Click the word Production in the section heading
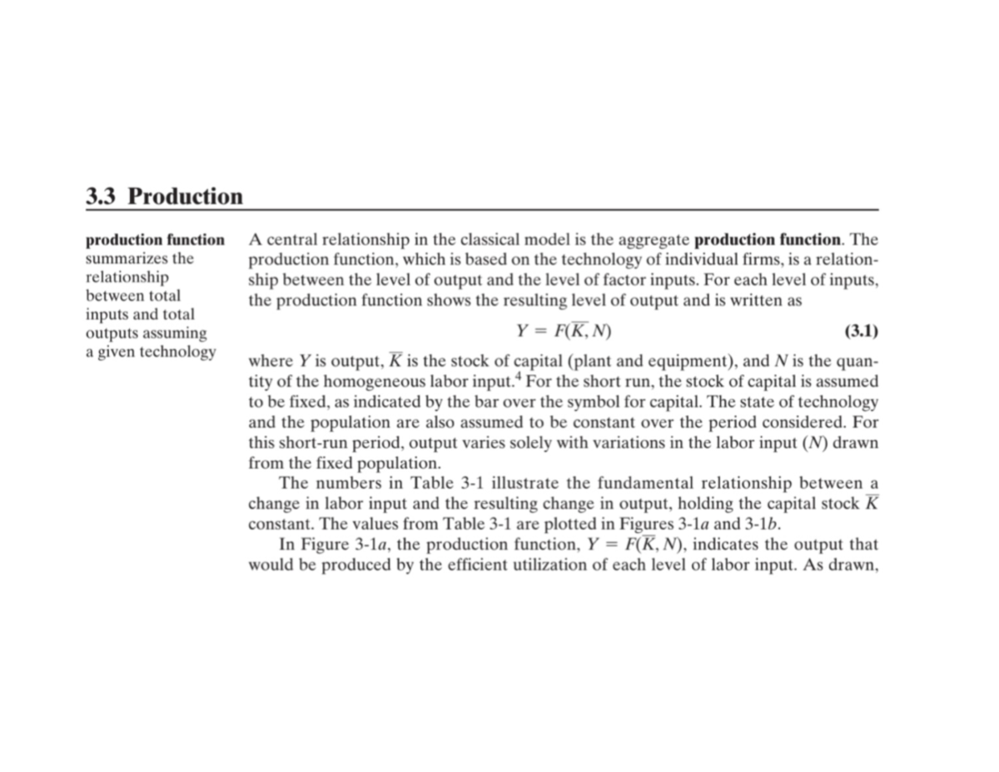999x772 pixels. pos(186,197)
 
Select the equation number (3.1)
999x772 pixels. pos(861,331)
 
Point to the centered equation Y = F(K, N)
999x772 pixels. pos(564,331)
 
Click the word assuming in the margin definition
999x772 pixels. pos(171,333)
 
